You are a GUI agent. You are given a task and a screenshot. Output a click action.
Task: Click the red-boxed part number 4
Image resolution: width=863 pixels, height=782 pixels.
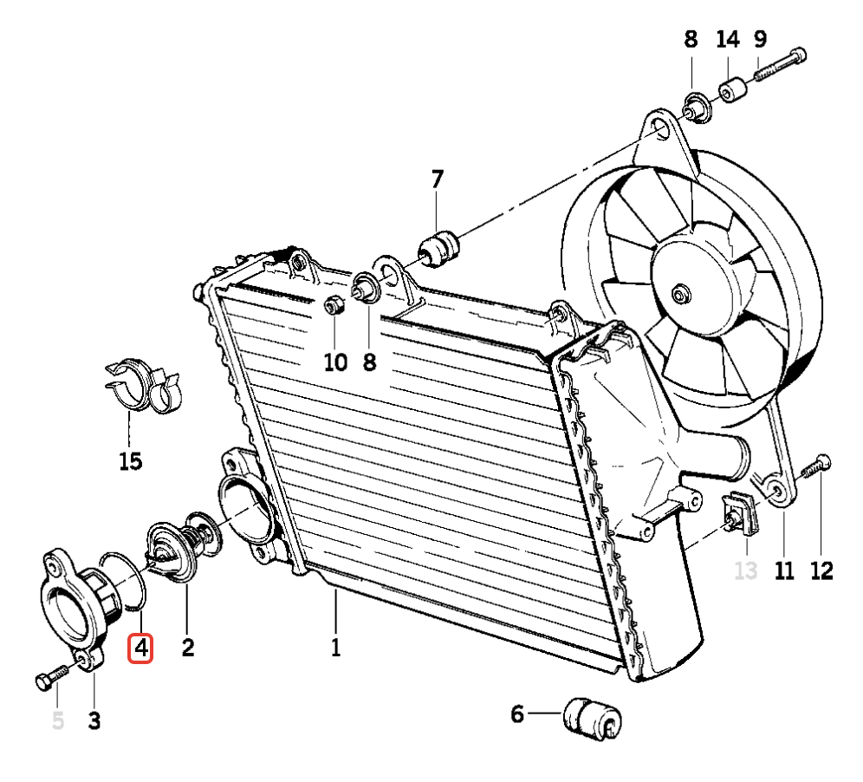[140, 648]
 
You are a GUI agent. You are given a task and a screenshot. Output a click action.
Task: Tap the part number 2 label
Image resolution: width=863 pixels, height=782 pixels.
[187, 647]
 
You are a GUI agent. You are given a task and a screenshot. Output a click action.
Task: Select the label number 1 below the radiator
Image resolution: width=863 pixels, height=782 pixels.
[335, 647]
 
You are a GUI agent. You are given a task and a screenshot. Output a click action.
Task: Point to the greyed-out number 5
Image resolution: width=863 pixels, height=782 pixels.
[58, 720]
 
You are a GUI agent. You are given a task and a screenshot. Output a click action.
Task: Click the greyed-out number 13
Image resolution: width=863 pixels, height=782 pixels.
[745, 570]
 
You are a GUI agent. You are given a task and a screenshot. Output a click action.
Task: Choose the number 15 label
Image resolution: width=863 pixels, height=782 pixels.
[130, 461]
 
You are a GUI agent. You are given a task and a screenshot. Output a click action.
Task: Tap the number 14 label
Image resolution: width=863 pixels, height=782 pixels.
[728, 39]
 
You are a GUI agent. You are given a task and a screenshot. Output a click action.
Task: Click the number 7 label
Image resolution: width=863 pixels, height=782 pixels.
[437, 180]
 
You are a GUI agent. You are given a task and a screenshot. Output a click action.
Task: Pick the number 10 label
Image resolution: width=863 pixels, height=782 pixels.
[335, 362]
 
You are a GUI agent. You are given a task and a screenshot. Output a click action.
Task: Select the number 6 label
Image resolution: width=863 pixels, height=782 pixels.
[517, 714]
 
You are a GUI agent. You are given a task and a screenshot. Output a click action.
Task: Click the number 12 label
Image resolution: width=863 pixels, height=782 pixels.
[821, 570]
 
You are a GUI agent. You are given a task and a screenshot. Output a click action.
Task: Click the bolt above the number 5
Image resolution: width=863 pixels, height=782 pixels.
[53, 677]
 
